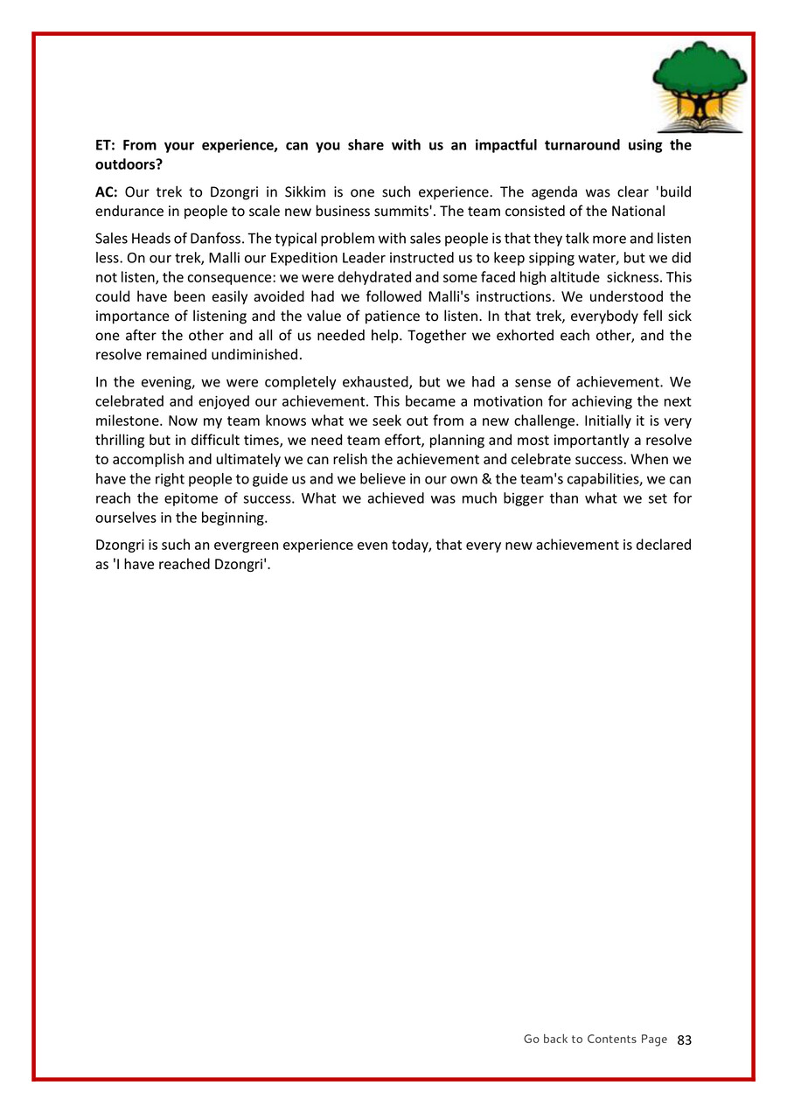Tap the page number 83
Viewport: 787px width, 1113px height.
tap(685, 1040)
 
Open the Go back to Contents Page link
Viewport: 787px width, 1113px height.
tap(595, 1039)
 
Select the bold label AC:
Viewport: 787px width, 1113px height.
tap(107, 191)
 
